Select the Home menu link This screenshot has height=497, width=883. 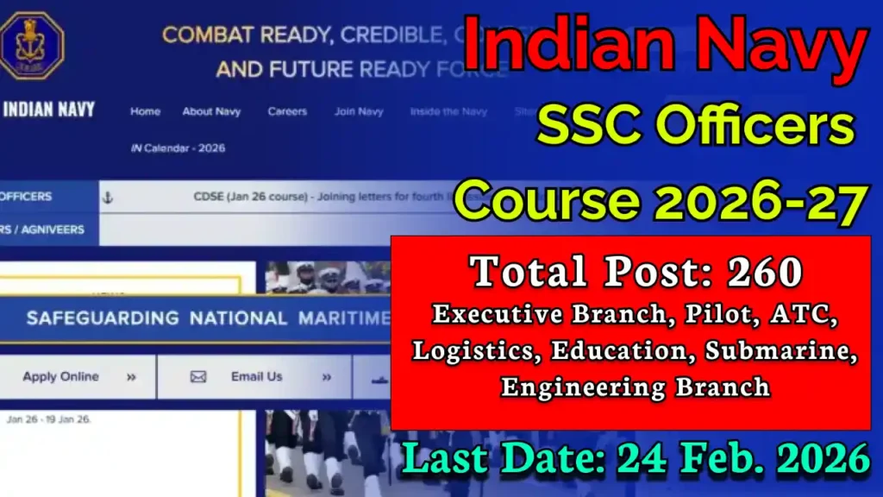[145, 111]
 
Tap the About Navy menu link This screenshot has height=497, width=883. [211, 111]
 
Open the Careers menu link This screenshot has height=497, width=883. [287, 111]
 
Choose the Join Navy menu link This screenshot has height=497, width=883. [359, 111]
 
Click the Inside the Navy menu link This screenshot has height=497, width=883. [448, 111]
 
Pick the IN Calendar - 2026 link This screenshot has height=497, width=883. [178, 148]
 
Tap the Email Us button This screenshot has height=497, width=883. [256, 377]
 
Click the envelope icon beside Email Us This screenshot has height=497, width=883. [198, 377]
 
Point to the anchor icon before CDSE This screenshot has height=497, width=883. [108, 198]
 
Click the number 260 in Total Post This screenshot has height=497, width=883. [764, 273]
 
